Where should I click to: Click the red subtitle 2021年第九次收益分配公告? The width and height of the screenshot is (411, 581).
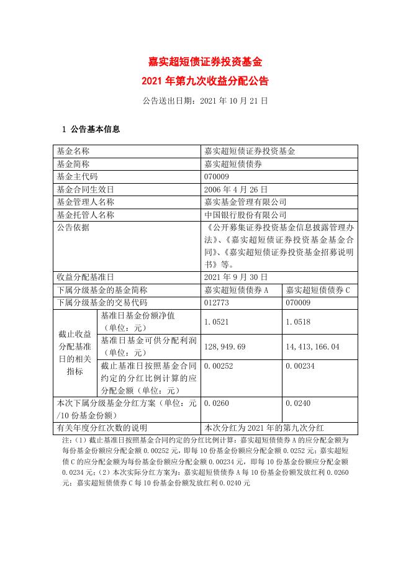[x=205, y=81]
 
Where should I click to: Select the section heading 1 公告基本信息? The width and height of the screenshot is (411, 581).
[x=91, y=130]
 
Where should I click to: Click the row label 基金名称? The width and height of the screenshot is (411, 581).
[x=73, y=151]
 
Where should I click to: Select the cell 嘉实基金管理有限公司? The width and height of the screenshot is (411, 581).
[x=245, y=202]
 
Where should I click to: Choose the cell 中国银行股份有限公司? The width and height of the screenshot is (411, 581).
[x=245, y=215]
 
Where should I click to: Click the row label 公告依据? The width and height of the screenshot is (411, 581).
[x=73, y=227]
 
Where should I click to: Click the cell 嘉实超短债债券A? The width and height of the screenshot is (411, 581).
[x=236, y=290]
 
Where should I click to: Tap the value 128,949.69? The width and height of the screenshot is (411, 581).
[x=225, y=346]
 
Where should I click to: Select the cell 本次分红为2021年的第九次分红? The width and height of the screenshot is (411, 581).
[x=264, y=428]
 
